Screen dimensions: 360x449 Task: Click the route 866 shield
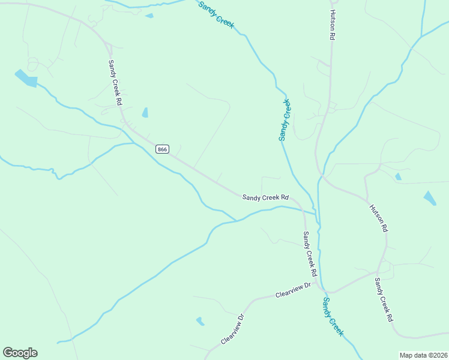pyautogui.click(x=161, y=149)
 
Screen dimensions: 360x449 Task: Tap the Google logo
pyautogui.click(x=20, y=353)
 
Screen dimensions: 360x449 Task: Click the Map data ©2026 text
pyautogui.click(x=423, y=355)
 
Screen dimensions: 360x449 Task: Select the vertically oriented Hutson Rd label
pyautogui.click(x=331, y=25)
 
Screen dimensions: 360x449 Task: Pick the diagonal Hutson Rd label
pyautogui.click(x=379, y=218)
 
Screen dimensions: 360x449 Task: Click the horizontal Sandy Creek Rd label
pyautogui.click(x=266, y=197)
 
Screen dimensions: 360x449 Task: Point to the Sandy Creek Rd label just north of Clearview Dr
pyautogui.click(x=309, y=250)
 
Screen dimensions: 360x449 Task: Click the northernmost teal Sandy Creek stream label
pyautogui.click(x=216, y=14)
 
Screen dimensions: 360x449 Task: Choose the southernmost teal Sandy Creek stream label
pyautogui.click(x=333, y=316)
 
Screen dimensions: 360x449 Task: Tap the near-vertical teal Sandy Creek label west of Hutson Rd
pyautogui.click(x=285, y=120)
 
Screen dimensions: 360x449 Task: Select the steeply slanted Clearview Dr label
pyautogui.click(x=232, y=329)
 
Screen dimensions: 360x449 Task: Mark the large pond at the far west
pyautogui.click(x=26, y=78)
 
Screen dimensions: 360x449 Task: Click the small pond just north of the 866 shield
pyautogui.click(x=145, y=113)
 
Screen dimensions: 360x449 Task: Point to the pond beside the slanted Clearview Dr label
pyautogui.click(x=200, y=321)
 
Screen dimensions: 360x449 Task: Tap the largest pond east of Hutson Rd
pyautogui.click(x=430, y=198)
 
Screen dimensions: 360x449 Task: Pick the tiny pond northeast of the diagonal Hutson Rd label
pyautogui.click(x=398, y=176)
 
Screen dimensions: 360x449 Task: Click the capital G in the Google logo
pyautogui.click(x=8, y=353)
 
